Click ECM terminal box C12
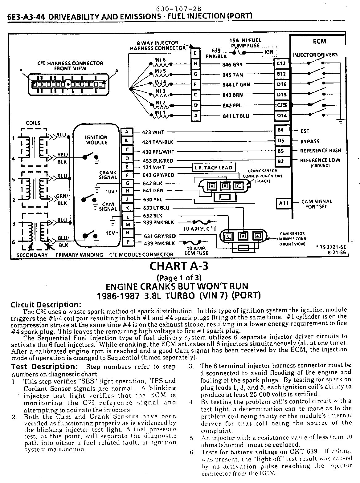281,64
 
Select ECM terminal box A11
284,203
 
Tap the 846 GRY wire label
232,65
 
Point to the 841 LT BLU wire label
236,116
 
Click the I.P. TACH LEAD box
214,168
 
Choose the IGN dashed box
269,52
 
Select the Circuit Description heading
46,305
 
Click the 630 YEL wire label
153,200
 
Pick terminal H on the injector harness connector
195,64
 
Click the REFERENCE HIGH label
321,151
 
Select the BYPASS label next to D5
310,141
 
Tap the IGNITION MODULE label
96,140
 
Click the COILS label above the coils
33,123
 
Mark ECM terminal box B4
280,130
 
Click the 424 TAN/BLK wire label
158,142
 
